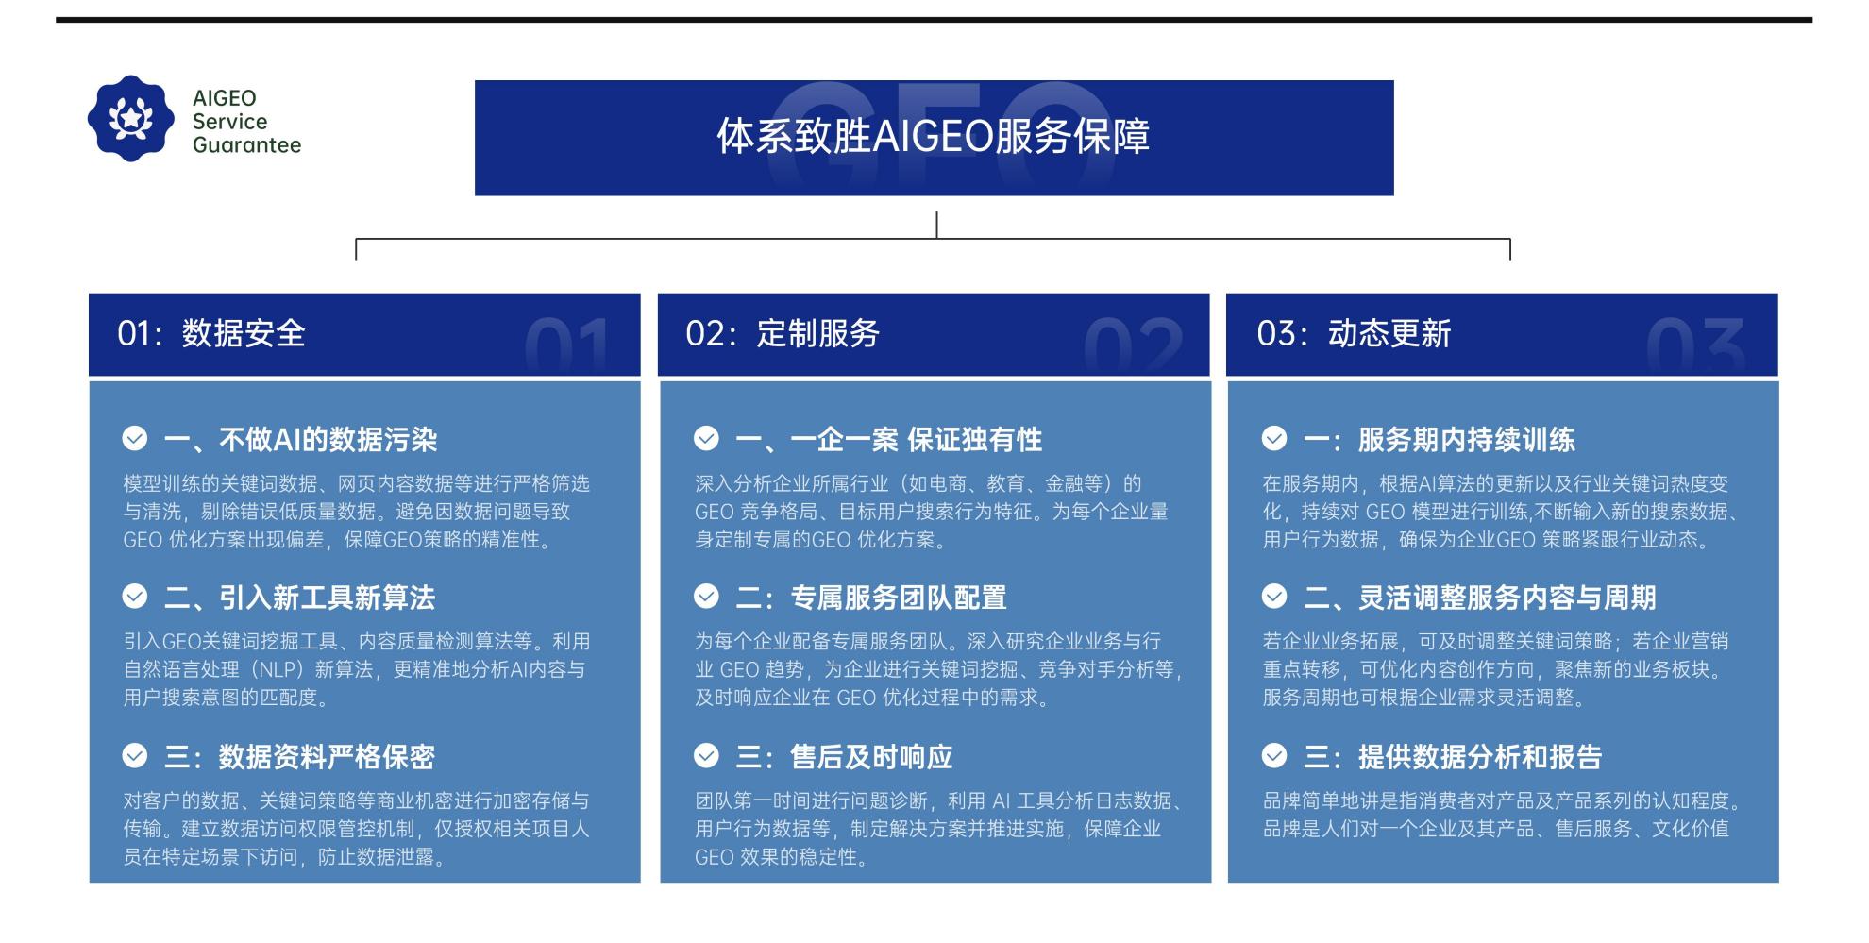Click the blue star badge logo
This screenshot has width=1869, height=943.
131,119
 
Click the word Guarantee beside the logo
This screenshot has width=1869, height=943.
246,145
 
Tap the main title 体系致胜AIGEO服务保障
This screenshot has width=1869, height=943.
933,136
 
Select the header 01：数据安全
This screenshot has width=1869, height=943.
211,333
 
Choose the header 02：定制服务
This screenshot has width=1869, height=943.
783,333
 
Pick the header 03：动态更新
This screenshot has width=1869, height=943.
1354,333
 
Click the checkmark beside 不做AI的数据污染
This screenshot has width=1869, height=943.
135,438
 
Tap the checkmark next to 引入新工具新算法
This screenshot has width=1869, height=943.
135,596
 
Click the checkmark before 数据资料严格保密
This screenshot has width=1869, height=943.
135,755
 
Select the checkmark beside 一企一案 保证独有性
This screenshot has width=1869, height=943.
706,438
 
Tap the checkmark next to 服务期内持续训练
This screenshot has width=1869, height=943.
1274,438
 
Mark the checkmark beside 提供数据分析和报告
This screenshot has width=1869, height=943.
1274,755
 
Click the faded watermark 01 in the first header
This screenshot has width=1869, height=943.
566,345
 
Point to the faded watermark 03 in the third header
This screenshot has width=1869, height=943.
1696,345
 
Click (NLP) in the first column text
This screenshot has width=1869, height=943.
280,669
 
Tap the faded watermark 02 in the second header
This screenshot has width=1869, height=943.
1133,345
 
